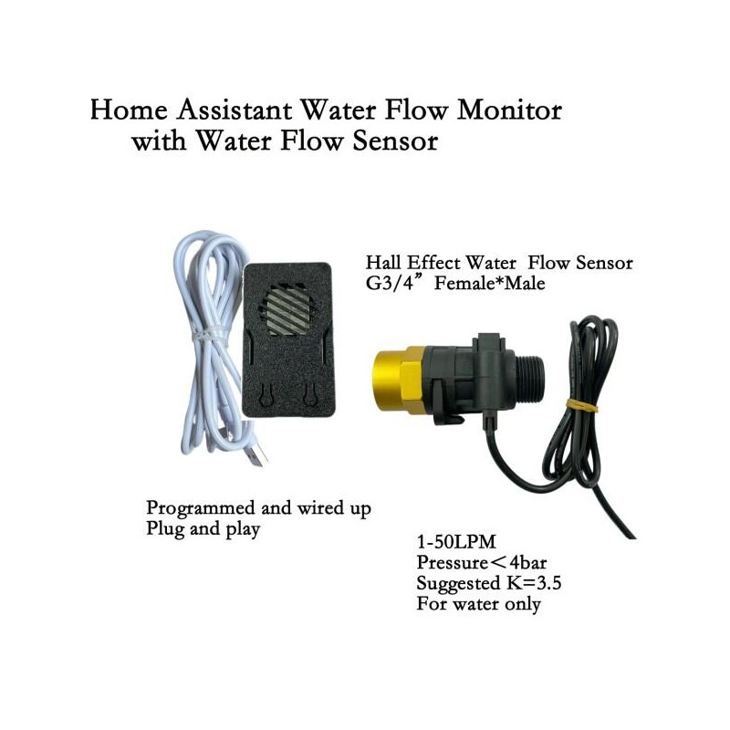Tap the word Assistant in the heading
coord(235,110)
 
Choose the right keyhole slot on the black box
coord(308,394)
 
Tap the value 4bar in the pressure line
coord(528,562)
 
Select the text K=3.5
coord(531,583)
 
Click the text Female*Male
coord(489,283)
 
